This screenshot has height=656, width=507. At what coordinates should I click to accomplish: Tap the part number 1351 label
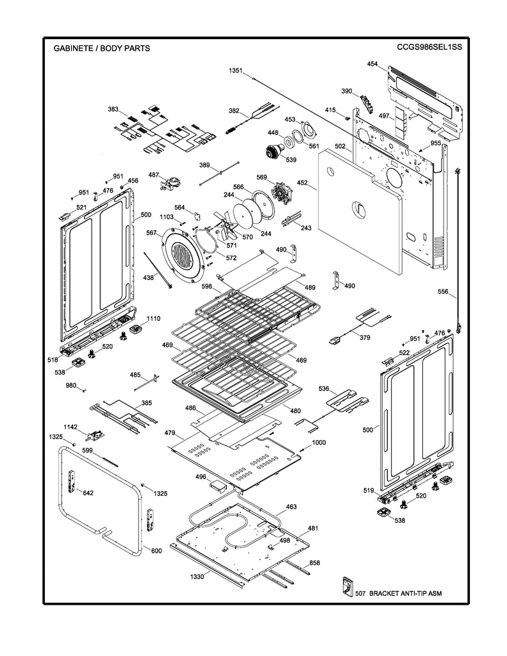click(x=235, y=71)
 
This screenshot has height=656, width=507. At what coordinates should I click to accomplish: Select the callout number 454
click(x=372, y=64)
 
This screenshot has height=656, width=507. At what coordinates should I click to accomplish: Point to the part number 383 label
click(x=113, y=110)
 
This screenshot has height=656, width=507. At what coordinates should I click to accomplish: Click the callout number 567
click(x=151, y=233)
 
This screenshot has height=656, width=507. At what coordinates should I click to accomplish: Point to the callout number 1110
click(x=153, y=318)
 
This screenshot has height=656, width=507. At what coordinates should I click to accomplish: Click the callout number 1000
click(x=319, y=443)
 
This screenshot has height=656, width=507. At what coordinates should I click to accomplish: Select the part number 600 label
click(x=156, y=550)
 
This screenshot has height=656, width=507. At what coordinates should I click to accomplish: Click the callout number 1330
click(x=197, y=577)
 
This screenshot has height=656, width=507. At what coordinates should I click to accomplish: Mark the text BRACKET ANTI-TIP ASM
click(x=405, y=594)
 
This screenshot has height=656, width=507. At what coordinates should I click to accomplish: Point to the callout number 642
click(x=88, y=493)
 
